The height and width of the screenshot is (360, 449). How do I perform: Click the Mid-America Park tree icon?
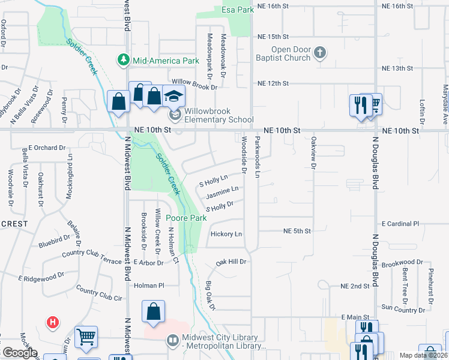(x=123, y=61)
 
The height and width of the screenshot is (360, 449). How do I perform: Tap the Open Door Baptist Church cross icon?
(x=320, y=53)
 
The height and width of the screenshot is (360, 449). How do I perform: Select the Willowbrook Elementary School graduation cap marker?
(x=173, y=96)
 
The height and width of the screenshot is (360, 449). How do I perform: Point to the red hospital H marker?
(x=53, y=323)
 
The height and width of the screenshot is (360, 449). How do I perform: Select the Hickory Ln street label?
(x=226, y=233)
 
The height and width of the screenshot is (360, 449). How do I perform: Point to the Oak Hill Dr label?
(x=232, y=262)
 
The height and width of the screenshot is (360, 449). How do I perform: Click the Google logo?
(x=20, y=353)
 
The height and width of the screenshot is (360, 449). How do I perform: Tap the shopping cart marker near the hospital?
(x=86, y=337)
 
